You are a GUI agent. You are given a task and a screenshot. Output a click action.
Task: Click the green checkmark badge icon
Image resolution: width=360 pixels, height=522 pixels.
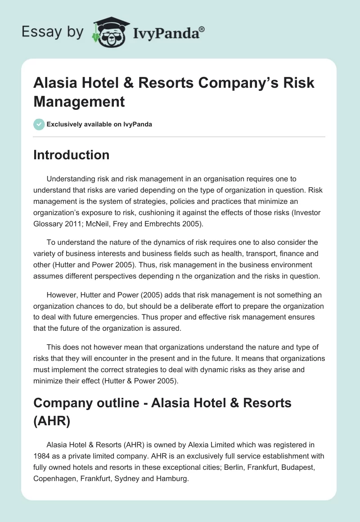coord(39,124)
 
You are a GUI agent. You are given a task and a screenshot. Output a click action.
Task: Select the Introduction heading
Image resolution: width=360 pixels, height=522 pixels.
coord(71,155)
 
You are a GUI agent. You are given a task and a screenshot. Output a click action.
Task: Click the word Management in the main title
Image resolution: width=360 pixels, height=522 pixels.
coord(79,101)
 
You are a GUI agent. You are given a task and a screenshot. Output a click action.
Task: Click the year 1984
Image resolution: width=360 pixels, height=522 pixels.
coord(42,456)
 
